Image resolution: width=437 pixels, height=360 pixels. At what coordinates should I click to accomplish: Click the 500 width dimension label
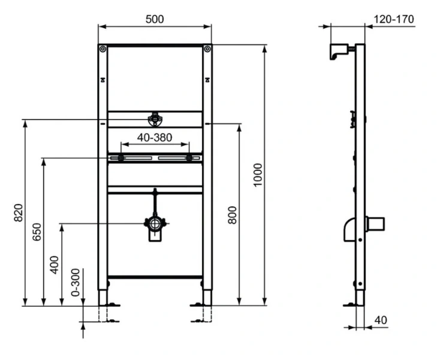[x=155, y=19]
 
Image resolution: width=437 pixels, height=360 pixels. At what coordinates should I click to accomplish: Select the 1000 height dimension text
[x=258, y=175]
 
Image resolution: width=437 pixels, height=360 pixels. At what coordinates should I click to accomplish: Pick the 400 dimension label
[x=55, y=264]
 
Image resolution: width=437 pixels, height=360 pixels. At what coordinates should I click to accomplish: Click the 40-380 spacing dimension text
[x=155, y=137]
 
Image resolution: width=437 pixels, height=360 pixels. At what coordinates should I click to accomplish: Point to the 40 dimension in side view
[x=380, y=320]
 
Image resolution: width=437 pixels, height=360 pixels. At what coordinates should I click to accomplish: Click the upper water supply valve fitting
[x=155, y=118]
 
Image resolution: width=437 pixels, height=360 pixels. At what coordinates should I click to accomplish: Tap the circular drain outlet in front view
[x=155, y=224]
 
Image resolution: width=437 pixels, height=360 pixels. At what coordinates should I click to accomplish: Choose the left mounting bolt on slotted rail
[x=121, y=158]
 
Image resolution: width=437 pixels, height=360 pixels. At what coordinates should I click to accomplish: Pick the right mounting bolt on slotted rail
[x=189, y=158]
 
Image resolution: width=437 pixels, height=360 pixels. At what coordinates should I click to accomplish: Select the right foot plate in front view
[x=201, y=305]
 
